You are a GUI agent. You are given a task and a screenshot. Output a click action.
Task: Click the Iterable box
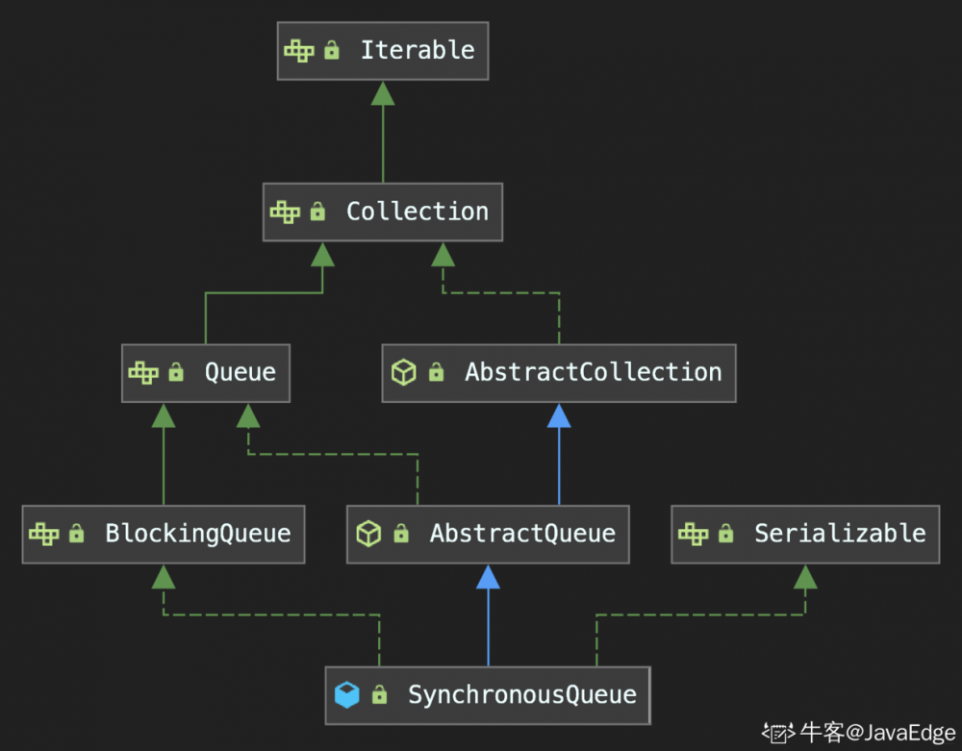click(x=383, y=50)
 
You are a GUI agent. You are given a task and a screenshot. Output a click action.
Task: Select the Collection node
click(x=383, y=212)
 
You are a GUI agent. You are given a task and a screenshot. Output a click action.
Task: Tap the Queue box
click(x=205, y=372)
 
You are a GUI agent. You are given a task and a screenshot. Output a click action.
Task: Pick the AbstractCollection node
click(x=558, y=372)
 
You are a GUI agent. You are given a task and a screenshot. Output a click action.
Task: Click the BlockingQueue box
click(x=164, y=534)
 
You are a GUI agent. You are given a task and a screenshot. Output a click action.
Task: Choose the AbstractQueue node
click(x=488, y=534)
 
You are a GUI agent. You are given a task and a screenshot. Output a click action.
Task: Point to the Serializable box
click(x=805, y=534)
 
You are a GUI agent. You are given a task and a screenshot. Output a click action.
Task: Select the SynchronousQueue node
click(x=488, y=694)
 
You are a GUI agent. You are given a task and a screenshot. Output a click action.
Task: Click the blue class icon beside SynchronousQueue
click(x=346, y=694)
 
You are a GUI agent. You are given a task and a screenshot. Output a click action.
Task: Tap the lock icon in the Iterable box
click(x=332, y=50)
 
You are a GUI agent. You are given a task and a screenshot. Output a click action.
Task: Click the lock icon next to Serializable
click(x=726, y=534)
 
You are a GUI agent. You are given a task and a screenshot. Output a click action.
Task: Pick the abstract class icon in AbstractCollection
click(x=404, y=372)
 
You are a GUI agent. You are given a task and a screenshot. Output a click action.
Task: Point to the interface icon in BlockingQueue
click(x=44, y=534)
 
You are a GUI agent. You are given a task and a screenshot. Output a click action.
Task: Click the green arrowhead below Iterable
click(x=383, y=92)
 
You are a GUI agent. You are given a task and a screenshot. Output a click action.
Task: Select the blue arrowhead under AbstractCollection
click(x=558, y=414)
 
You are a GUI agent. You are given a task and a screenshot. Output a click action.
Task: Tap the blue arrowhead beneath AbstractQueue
click(x=488, y=576)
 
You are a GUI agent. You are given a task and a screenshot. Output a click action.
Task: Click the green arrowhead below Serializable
click(x=805, y=576)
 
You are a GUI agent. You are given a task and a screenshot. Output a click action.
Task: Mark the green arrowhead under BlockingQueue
click(x=164, y=576)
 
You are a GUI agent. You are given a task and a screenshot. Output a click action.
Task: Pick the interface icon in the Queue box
click(x=143, y=372)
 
